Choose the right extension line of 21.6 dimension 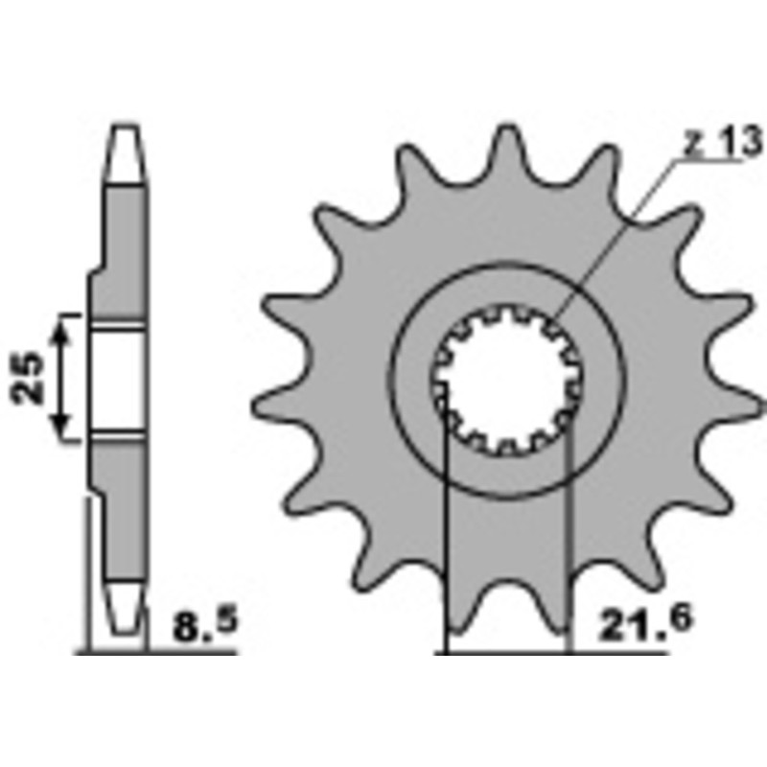click(569, 537)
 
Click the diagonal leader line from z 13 click(614, 240)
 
